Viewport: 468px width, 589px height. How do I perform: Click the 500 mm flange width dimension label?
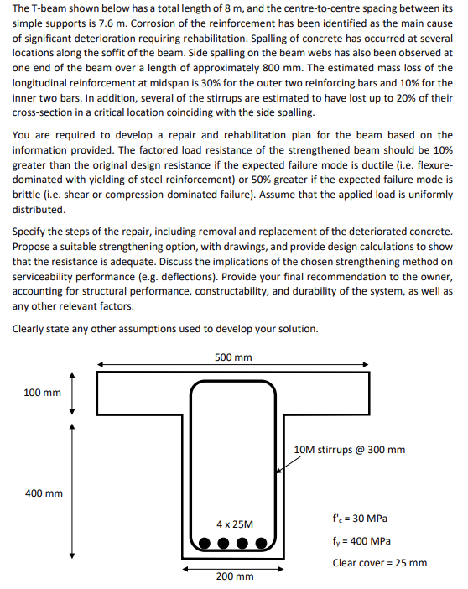[233, 357]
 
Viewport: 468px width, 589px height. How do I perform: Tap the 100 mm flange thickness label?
[41, 393]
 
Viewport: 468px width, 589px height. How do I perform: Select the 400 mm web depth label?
[41, 493]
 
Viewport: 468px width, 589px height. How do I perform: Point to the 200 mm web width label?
[234, 576]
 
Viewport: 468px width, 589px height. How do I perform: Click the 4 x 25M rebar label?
[233, 523]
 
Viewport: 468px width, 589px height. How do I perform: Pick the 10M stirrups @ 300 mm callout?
[350, 450]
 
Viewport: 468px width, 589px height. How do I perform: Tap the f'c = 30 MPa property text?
[360, 519]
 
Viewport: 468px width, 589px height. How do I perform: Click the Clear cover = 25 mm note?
[379, 562]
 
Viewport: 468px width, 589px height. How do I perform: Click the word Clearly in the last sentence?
[30, 328]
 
